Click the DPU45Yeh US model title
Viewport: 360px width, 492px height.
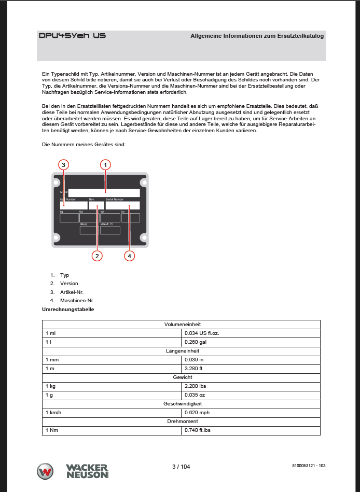[73, 36]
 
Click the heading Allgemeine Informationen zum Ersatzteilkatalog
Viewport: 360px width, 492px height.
[257, 36]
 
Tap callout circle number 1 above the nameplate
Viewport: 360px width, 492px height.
[105, 165]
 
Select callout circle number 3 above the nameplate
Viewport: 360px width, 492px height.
[63, 165]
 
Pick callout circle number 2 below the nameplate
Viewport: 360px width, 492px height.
[97, 255]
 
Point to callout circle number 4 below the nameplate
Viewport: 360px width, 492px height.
[130, 255]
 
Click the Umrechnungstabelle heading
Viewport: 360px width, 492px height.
[67, 309]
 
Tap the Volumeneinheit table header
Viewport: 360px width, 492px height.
[181, 324]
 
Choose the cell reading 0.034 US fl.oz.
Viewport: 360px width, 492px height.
[202, 333]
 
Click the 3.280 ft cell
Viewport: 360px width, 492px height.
[195, 369]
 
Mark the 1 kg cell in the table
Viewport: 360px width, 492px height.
[51, 386]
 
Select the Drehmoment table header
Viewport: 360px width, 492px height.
[181, 421]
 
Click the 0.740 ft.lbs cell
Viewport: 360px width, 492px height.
[198, 430]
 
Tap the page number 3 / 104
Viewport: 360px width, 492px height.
[181, 467]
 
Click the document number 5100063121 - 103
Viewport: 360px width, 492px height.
[309, 466]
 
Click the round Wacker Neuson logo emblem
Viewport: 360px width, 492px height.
[46, 471]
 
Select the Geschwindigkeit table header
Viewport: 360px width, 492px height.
[181, 404]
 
